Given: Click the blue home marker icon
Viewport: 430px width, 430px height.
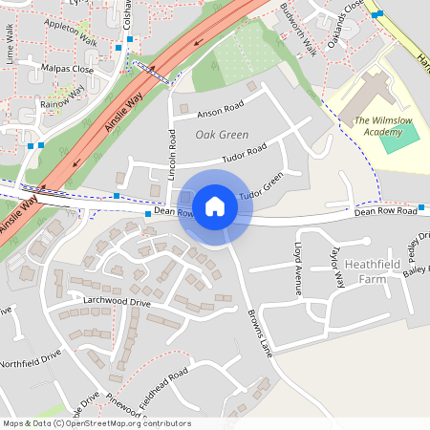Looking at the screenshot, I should pos(215,206).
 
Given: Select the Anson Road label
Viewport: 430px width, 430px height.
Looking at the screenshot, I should pos(221,111).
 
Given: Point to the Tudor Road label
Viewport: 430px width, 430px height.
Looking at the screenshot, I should pos(244,154).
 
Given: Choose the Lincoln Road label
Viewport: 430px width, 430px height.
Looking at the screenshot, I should pos(173,151).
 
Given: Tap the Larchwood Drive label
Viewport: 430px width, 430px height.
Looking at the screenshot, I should pos(117,302).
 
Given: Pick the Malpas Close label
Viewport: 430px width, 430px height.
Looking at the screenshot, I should pos(68,70).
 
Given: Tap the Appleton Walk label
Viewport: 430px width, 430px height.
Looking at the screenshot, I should pos(71,33).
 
